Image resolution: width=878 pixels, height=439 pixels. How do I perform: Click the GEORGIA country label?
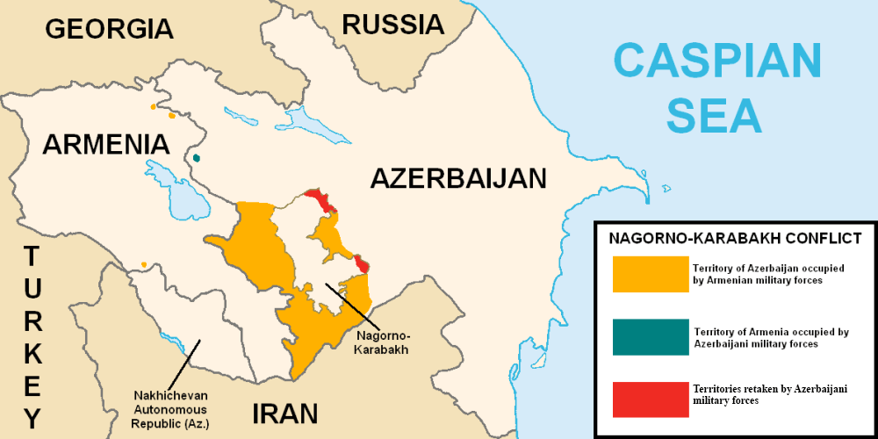pyautogui.click(x=109, y=28)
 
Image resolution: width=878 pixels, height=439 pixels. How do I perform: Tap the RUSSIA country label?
pyautogui.click(x=392, y=24)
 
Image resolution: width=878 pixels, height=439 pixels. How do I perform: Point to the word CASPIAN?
pyautogui.click(x=717, y=62)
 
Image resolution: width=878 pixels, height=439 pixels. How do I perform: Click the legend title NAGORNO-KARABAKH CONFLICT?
pyautogui.click(x=735, y=238)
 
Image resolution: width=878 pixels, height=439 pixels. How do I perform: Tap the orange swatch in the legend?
pyautogui.click(x=650, y=274)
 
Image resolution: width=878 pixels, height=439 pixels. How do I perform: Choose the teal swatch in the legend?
pyautogui.click(x=650, y=338)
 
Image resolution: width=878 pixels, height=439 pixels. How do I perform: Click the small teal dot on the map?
pyautogui.click(x=197, y=158)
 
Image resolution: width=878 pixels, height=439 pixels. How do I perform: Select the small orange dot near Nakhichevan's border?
pyautogui.click(x=144, y=264)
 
